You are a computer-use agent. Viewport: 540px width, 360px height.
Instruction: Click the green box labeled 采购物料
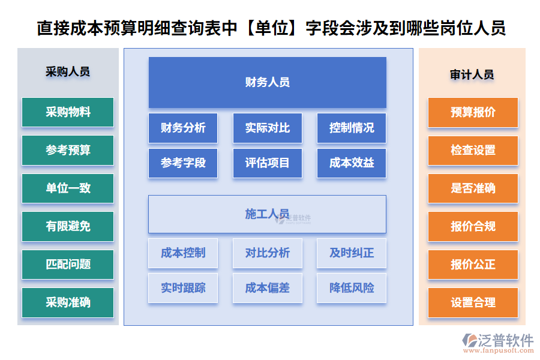tap(68, 112)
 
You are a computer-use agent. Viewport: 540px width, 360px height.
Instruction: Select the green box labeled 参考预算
tap(68, 150)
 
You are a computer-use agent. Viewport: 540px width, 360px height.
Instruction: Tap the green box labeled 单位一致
tap(68, 188)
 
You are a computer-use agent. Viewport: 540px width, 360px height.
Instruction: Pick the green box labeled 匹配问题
tap(68, 265)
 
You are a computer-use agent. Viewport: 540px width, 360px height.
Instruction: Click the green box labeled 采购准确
tap(68, 303)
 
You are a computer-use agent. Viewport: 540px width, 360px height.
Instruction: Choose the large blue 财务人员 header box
tap(267, 82)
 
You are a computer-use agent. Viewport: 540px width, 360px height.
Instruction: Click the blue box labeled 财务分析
tap(183, 128)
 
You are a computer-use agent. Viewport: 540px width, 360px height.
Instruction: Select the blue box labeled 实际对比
tap(267, 128)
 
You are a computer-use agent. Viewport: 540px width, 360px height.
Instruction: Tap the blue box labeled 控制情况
tap(352, 128)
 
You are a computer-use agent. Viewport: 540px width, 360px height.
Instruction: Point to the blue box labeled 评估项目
tap(267, 163)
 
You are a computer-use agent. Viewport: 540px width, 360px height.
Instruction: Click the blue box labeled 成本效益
tap(352, 163)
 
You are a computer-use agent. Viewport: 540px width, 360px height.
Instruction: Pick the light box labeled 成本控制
tap(183, 253)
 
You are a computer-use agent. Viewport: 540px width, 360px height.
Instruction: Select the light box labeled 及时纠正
tap(352, 253)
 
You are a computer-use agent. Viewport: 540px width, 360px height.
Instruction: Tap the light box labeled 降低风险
tap(352, 288)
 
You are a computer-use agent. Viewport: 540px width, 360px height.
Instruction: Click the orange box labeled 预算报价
tap(473, 112)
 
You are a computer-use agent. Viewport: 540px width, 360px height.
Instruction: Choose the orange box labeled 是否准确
tap(473, 188)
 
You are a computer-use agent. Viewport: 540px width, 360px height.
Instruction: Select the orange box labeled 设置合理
tap(473, 303)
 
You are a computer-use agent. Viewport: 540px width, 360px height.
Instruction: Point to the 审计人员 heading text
tap(472, 75)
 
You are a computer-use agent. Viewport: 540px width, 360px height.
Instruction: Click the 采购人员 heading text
tap(68, 71)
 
